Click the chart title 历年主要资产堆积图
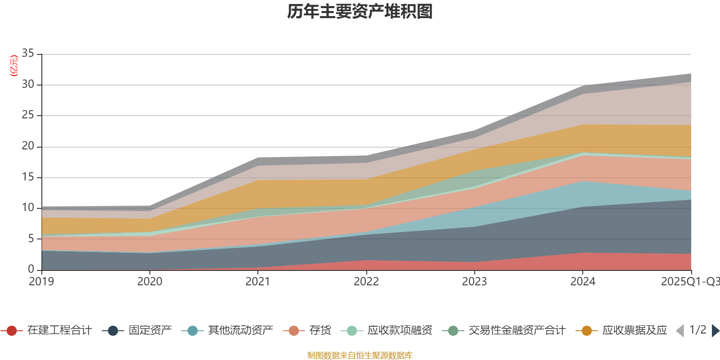click(x=360, y=12)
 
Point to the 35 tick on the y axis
click(x=28, y=54)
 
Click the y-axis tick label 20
click(x=28, y=146)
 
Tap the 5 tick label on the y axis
click(x=31, y=238)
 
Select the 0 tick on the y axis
click(x=31, y=269)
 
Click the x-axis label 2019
click(x=41, y=282)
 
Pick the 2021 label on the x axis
click(x=258, y=282)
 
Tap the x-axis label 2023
click(x=474, y=282)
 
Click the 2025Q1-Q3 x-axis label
click(x=690, y=282)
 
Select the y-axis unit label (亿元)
click(x=14, y=66)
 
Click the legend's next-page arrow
click(x=715, y=331)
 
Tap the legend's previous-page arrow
click(x=680, y=331)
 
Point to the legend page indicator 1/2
click(x=697, y=330)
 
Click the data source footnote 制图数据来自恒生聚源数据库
click(x=360, y=355)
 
